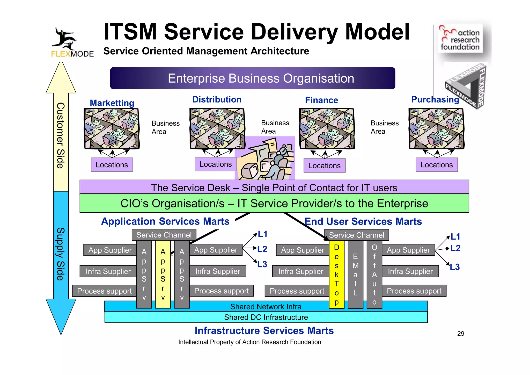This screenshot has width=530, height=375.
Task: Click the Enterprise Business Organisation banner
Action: (x=252, y=78)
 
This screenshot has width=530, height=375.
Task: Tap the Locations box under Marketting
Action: (x=112, y=165)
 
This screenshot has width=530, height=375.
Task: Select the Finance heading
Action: (x=321, y=100)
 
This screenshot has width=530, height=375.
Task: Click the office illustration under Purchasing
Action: (x=437, y=129)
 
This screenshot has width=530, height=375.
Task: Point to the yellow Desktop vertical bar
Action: (x=336, y=275)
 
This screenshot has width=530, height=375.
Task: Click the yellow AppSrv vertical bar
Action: (x=163, y=275)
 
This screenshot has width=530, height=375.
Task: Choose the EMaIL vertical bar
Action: (x=355, y=275)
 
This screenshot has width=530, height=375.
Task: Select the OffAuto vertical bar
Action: (x=374, y=275)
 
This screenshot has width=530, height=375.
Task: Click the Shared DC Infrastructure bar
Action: (x=266, y=317)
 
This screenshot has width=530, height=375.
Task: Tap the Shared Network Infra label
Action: (x=266, y=307)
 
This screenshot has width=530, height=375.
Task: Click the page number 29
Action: (x=461, y=334)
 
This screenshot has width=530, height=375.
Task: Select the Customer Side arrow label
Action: (x=61, y=135)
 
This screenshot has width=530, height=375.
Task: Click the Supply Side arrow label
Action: (x=61, y=254)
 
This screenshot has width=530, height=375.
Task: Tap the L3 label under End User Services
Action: (x=455, y=267)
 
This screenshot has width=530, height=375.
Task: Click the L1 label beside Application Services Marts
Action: (x=262, y=234)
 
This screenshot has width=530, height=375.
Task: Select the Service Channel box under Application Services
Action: (x=164, y=235)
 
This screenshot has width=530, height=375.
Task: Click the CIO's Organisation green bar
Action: (x=274, y=203)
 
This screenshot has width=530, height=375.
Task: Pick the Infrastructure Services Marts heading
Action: (x=264, y=331)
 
